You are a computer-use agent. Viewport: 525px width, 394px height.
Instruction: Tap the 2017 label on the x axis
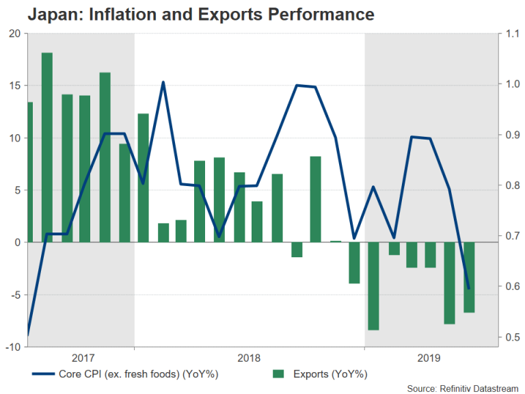click(83, 358)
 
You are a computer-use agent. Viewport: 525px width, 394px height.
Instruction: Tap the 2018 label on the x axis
click(249, 358)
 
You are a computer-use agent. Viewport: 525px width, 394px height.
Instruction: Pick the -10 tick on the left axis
click(12, 347)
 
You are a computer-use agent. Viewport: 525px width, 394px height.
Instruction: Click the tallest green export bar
click(47, 147)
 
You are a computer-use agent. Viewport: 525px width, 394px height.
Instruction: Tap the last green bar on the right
click(469, 277)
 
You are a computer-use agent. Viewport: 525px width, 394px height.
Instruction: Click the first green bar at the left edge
click(29, 172)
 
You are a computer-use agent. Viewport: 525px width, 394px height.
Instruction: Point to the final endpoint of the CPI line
click(469, 289)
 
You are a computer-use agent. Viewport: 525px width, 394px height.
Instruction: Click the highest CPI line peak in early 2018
click(163, 83)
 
